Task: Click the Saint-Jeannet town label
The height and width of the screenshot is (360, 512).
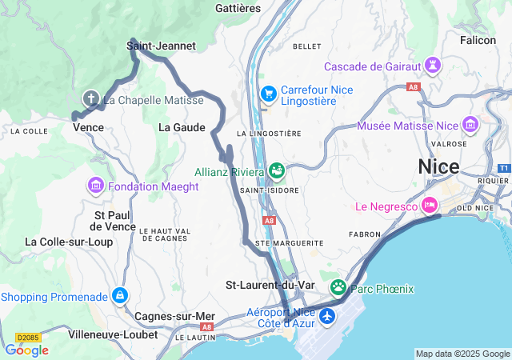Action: (x=161, y=46)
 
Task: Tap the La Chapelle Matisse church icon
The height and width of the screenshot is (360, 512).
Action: (x=91, y=99)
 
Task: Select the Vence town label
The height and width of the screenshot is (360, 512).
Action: (x=88, y=127)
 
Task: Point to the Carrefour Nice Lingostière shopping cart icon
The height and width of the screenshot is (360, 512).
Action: (x=268, y=94)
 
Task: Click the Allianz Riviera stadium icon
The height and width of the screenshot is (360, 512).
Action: (x=277, y=170)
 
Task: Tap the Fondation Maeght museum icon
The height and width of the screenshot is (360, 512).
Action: (x=96, y=186)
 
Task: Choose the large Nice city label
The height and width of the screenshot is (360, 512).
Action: (x=438, y=167)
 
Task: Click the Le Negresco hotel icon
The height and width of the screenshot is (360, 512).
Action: (x=430, y=206)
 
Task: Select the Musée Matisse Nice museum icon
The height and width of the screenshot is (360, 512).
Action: (x=470, y=126)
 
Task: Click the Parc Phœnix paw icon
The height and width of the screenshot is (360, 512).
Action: (x=338, y=287)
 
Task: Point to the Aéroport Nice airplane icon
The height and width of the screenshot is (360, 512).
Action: (x=326, y=317)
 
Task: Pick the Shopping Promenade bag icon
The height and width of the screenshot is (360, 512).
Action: (x=120, y=296)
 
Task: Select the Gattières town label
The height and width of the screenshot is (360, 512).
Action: (x=238, y=7)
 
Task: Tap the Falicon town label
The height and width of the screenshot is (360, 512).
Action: (x=478, y=40)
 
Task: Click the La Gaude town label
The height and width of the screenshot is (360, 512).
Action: (x=182, y=127)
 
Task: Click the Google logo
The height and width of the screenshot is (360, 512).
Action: (x=27, y=350)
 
